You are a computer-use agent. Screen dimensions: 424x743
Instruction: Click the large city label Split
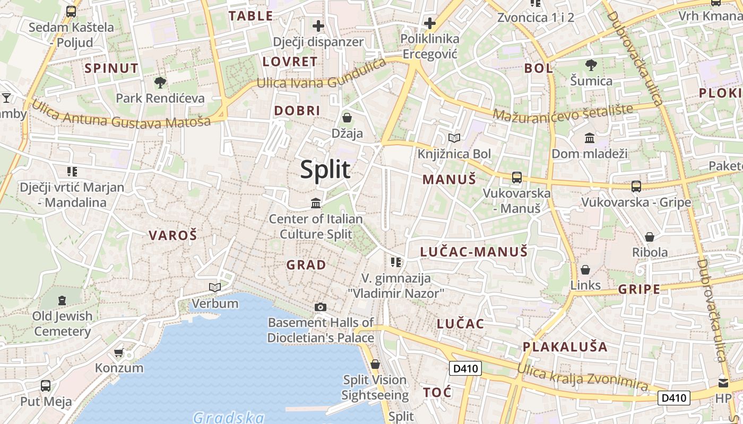coord(325,170)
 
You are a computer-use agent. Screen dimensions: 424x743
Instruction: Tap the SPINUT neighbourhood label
coord(111,68)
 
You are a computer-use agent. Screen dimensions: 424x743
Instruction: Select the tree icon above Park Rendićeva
coord(160,83)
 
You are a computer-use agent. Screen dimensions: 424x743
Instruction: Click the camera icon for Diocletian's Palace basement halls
coord(321,307)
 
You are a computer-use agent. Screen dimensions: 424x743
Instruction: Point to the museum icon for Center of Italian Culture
coord(316,203)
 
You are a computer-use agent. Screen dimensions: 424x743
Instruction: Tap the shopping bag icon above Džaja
coord(347,117)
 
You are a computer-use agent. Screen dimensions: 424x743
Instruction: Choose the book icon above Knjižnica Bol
coord(454,138)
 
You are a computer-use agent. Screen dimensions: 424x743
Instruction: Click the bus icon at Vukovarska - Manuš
coord(516,178)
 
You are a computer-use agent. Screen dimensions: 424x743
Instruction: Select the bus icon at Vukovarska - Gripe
coord(636,187)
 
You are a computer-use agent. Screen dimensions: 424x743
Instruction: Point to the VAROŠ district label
coord(172,235)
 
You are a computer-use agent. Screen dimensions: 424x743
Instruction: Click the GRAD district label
coord(306,264)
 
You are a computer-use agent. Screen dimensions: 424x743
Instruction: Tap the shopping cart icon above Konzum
coord(119,352)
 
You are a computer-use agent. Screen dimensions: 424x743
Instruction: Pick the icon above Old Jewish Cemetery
coord(62,301)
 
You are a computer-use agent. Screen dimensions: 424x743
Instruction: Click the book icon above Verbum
coord(215,287)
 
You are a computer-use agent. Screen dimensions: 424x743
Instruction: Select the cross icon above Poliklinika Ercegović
coord(430,24)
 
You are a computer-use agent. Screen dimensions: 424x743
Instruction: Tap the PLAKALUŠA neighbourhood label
coord(565,347)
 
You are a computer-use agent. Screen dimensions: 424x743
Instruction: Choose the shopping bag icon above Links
coord(585,270)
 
